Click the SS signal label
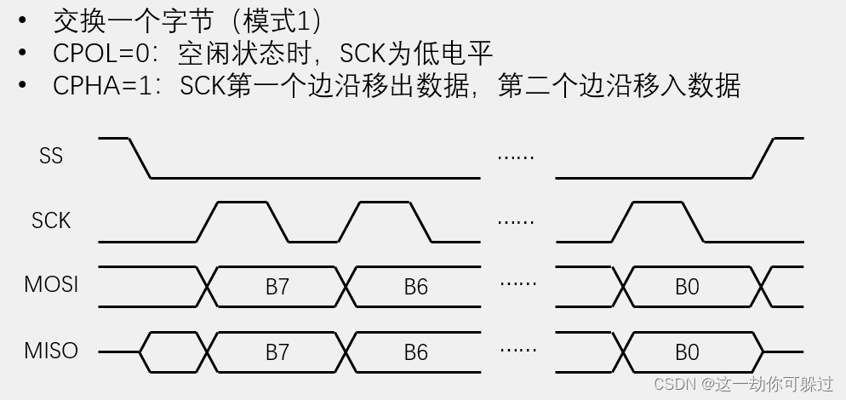tap(51, 157)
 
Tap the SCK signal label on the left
tap(51, 221)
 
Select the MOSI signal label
tap(51, 284)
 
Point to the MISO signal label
tap(51, 350)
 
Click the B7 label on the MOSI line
tap(277, 287)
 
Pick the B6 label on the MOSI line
tap(415, 287)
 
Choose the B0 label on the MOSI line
tap(687, 287)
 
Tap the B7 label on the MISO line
tap(277, 351)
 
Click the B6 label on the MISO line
tap(415, 351)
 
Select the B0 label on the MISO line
tap(687, 351)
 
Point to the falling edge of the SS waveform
tap(140, 157)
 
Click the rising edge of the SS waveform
tap(763, 157)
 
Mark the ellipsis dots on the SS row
tap(516, 157)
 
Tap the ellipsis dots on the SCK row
tap(516, 221)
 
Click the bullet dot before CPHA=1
tap(23, 85)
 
